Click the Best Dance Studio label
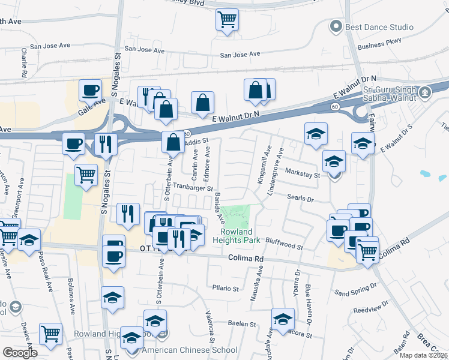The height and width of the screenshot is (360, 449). point(379,27)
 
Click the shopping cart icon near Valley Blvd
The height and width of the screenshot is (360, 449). point(227,20)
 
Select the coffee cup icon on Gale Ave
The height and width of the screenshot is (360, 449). point(90,91)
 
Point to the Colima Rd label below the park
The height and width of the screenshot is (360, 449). point(246,259)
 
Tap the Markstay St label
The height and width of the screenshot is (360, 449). point(303,172)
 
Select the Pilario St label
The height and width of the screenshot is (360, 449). point(225,288)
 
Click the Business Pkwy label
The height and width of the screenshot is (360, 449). point(378,46)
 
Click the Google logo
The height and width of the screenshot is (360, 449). point(20,353)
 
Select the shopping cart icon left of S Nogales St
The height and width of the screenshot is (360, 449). point(86,175)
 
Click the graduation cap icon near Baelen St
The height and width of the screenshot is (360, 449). point(283,319)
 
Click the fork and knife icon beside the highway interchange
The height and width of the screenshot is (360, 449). point(106,144)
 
